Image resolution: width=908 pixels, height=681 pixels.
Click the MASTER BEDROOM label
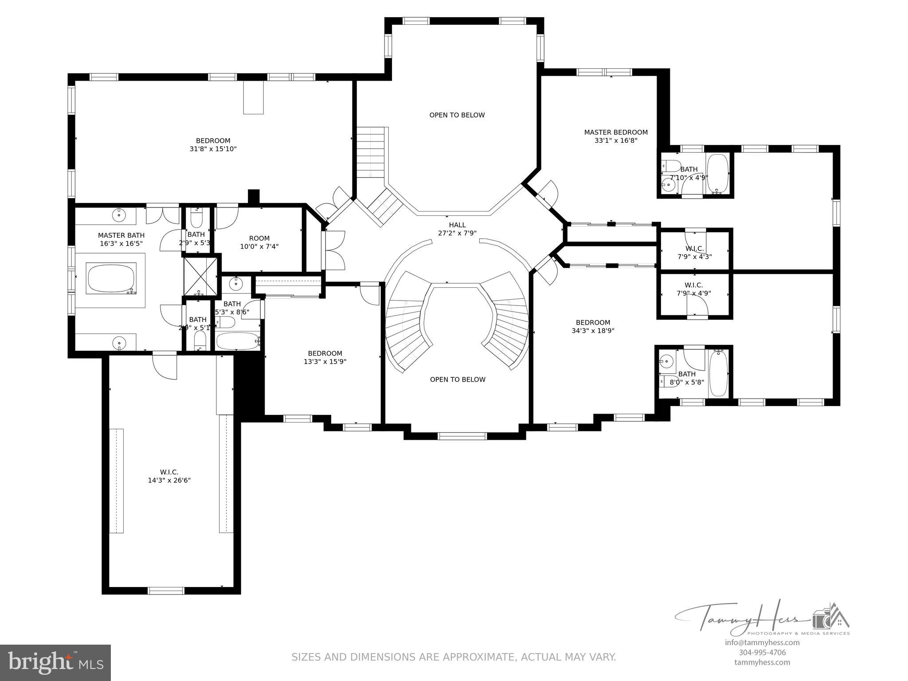click(616, 133)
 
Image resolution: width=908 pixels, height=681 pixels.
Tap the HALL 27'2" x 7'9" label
click(457, 229)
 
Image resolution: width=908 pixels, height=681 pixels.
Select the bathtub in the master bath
click(111, 278)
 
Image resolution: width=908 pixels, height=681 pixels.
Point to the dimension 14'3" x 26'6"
click(169, 480)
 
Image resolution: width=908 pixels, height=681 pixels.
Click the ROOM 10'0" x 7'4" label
click(259, 242)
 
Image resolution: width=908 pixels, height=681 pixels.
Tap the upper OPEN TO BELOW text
click(457, 115)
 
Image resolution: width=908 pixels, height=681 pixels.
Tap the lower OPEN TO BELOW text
click(458, 380)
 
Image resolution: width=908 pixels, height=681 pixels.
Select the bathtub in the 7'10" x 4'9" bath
click(717, 173)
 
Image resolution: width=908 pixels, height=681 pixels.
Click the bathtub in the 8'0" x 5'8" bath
click(718, 373)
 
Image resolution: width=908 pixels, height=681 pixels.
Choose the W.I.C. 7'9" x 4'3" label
click(694, 252)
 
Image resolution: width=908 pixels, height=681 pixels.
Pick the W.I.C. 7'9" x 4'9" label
click(694, 289)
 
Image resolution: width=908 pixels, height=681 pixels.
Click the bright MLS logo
click(55, 663)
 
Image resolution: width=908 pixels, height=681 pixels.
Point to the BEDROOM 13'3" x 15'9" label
click(325, 357)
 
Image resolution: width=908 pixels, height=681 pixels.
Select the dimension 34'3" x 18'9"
click(593, 331)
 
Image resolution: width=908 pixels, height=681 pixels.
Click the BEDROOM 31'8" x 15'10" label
click(213, 145)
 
